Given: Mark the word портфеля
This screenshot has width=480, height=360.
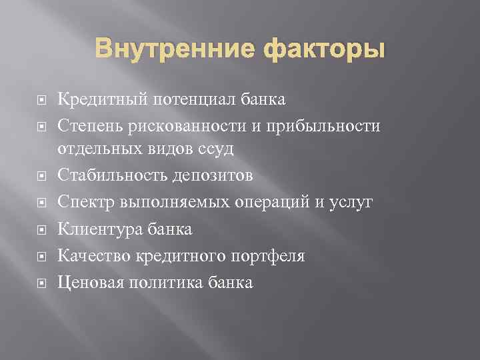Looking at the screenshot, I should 270,256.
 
